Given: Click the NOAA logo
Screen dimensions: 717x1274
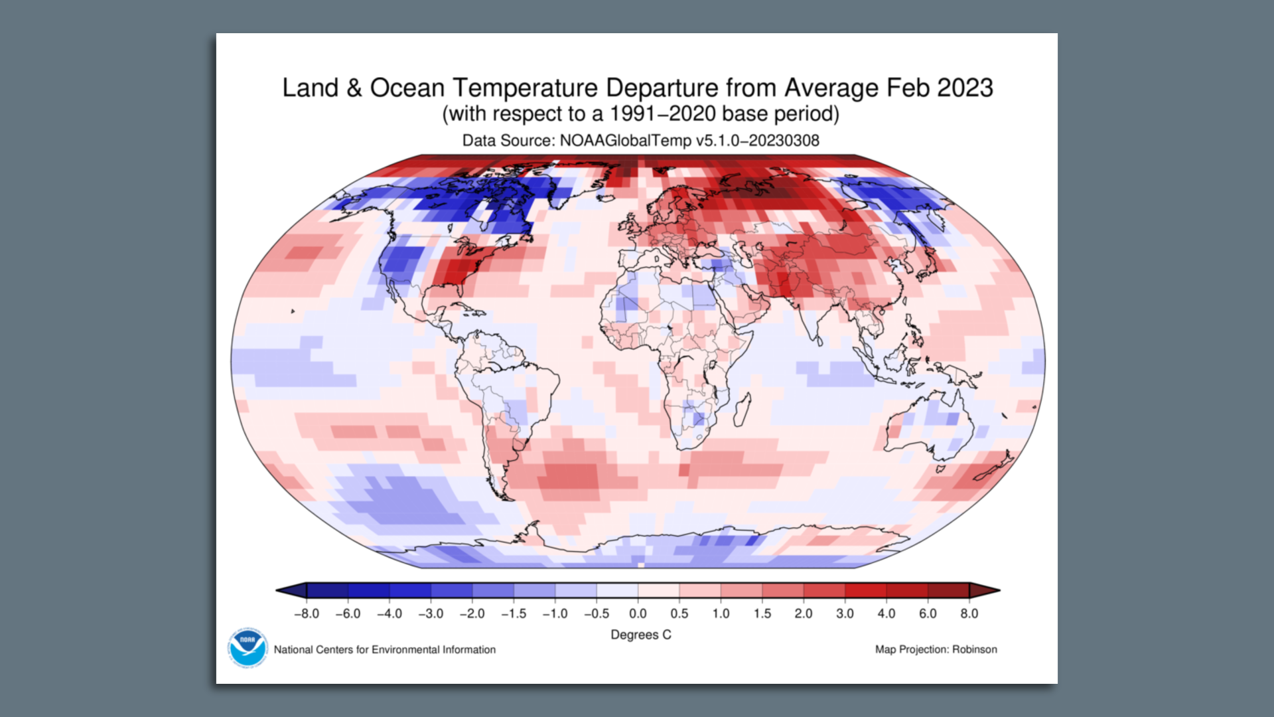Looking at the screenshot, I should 247,647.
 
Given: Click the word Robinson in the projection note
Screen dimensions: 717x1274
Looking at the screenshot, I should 974,649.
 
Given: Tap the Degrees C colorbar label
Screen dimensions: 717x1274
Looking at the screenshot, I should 640,635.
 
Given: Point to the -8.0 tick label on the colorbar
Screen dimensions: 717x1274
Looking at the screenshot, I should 306,613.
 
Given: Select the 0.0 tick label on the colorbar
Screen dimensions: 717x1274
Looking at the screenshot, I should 638,613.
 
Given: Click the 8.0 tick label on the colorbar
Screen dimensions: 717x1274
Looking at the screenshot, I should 969,613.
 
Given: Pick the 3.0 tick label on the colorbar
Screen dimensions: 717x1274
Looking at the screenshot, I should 845,613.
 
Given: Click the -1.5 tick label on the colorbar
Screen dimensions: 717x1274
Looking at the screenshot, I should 514,613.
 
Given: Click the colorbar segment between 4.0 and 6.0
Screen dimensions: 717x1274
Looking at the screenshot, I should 907,590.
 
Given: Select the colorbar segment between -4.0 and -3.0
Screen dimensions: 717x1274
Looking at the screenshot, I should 410,590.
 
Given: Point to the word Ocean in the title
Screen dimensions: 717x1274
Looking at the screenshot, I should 407,88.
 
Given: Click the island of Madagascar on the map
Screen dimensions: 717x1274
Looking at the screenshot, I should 743,409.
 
